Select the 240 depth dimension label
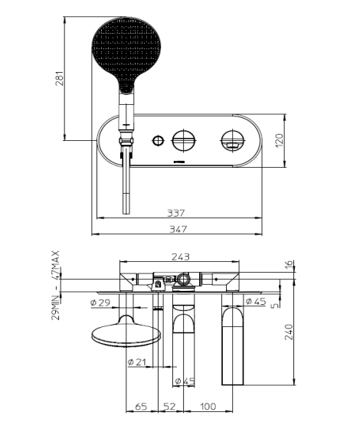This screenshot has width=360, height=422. point(289,335)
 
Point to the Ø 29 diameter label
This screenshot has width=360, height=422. point(101,303)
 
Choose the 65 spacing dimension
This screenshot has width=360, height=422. point(141,406)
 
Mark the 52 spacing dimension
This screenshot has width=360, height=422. point(169,406)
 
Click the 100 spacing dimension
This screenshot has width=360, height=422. point(208,406)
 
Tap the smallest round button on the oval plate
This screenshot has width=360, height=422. point(159,139)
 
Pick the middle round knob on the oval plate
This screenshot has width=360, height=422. point(185,139)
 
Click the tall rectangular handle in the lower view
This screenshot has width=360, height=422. point(233,345)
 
